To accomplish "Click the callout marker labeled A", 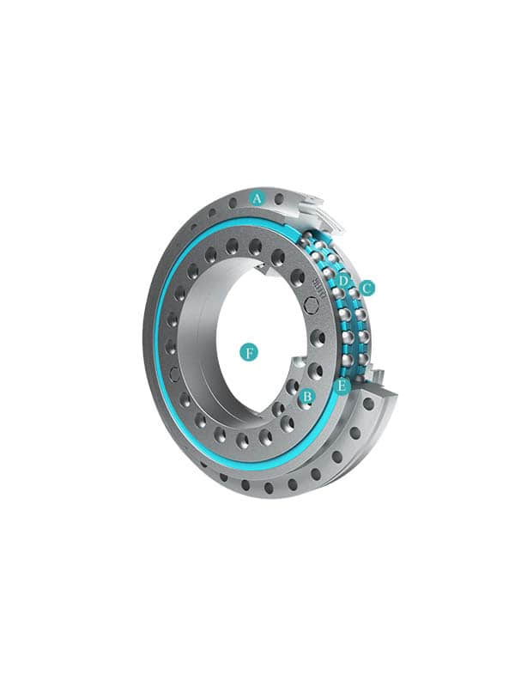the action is pos(257,198).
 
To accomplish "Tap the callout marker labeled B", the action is pos(307,397).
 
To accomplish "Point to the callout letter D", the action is pos(343,281).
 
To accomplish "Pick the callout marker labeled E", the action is pos(342,386).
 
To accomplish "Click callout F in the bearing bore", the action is pos(249,353).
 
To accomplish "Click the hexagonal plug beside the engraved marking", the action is pos(312,306).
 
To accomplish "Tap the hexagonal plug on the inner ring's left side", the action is pos(174,374).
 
